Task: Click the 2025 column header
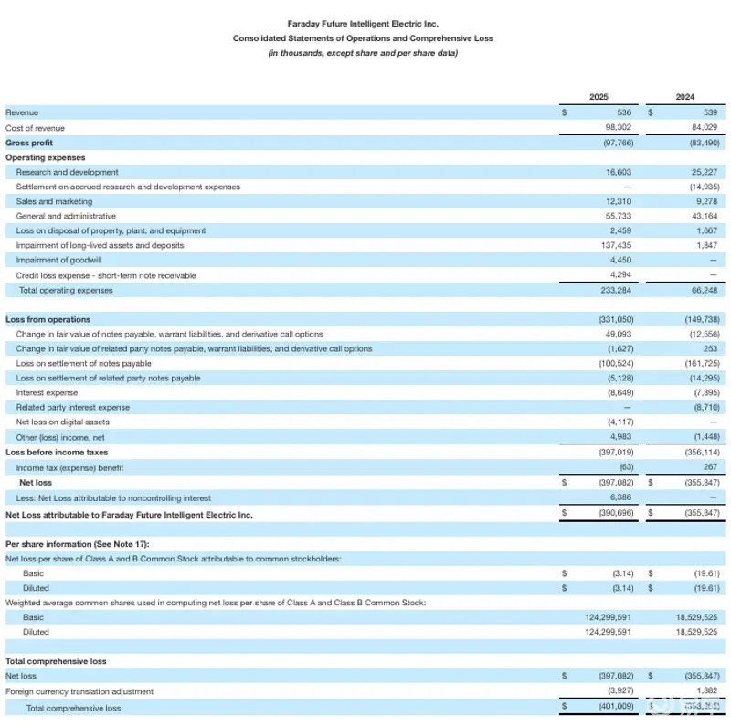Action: point(599,97)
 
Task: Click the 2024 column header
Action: point(684,97)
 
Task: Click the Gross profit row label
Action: point(29,143)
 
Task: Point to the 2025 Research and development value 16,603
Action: point(618,172)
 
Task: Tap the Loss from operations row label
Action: point(48,320)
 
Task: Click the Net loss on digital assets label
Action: point(62,422)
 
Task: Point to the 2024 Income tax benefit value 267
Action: point(708,467)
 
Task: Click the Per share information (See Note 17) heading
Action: point(64,544)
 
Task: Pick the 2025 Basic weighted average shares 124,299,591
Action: point(608,617)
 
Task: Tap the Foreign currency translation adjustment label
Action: point(79,691)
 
